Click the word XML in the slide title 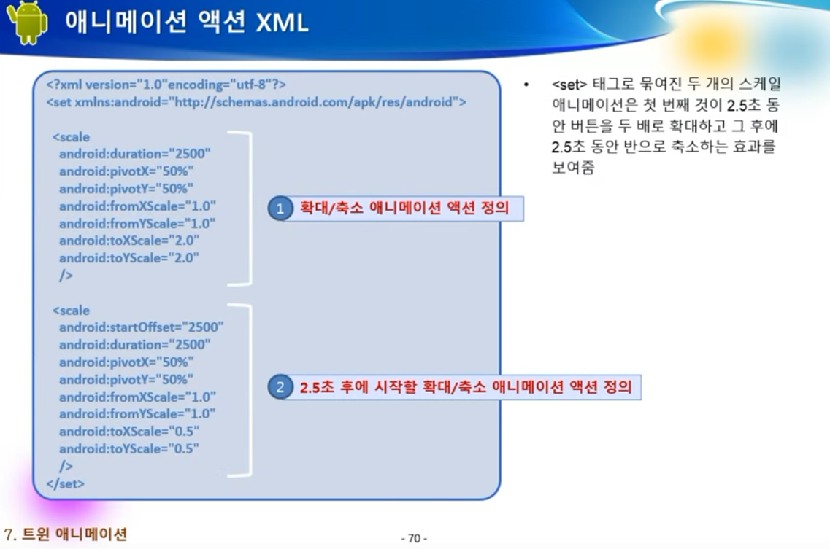click(282, 23)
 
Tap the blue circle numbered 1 click(280, 209)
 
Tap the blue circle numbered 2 click(280, 387)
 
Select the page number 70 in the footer click(415, 538)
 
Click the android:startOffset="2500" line click(142, 327)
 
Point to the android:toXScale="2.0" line click(129, 241)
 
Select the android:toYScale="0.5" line click(129, 449)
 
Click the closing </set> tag click(65, 483)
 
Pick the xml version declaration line click(166, 85)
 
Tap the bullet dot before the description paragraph click(526, 85)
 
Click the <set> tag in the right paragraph click(569, 85)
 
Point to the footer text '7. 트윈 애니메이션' click(65, 534)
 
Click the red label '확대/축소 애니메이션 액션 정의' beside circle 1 click(404, 208)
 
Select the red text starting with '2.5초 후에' click(466, 387)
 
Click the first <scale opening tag click(72, 137)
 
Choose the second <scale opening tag click(72, 311)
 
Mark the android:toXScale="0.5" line click(129, 432)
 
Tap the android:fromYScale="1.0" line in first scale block click(137, 224)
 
